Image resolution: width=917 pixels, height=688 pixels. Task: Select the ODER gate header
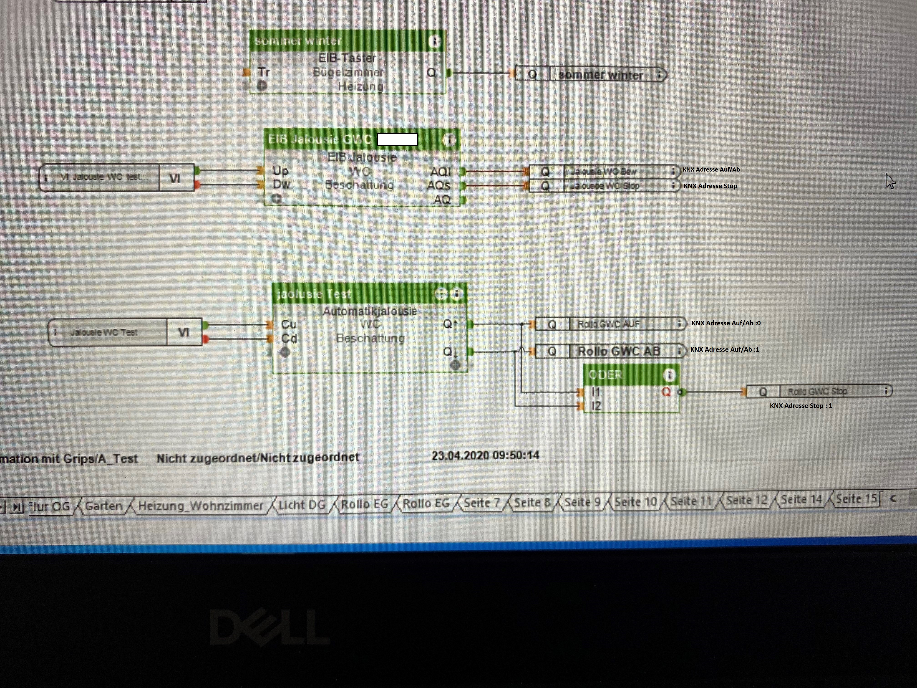[622, 375]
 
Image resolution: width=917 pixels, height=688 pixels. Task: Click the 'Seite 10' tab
[635, 502]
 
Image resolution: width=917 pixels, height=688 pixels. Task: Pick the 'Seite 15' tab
[856, 499]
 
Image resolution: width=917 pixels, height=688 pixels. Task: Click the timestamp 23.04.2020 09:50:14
[485, 455]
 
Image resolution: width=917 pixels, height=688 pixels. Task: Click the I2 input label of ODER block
[596, 406]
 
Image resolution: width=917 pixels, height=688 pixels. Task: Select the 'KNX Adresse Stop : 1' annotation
[801, 406]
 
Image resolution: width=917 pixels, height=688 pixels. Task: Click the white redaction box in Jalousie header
[397, 139]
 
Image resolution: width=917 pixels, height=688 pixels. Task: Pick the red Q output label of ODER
[666, 392]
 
